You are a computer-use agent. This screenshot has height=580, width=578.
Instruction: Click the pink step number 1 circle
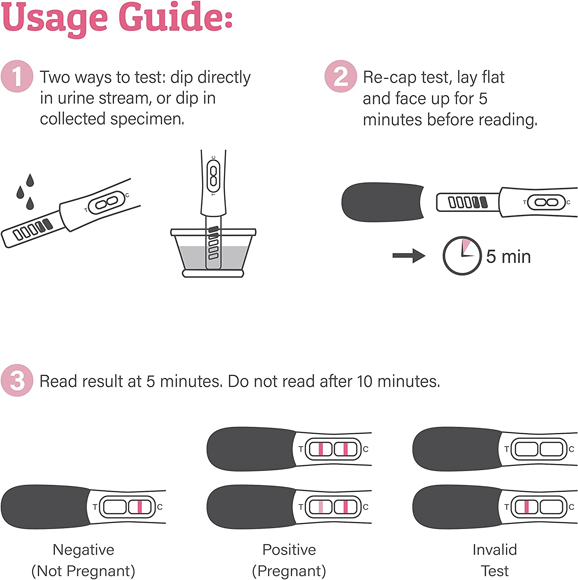17,76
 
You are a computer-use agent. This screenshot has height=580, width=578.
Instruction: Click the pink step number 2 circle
340,76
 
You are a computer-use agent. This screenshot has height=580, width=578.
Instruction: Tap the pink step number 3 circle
17,380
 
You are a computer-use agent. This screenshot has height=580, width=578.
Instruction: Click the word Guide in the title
175,17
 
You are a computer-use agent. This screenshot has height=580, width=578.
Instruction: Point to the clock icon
462,256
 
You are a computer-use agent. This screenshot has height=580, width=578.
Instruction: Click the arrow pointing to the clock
409,256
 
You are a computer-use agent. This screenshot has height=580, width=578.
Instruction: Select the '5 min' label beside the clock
508,256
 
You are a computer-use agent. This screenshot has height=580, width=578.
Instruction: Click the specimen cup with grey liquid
213,252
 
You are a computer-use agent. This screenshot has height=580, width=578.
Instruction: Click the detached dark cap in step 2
382,202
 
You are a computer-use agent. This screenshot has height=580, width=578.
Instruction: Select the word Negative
83,549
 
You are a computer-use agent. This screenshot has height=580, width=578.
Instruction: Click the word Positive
289,549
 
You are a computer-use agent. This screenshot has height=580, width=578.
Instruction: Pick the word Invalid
495,549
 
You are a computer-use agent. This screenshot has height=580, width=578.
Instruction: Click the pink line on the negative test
140,507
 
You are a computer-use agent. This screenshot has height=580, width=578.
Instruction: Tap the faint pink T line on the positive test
321,507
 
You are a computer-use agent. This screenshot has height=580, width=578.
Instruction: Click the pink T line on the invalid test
526,507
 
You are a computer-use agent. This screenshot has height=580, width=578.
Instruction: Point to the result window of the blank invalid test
539,449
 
